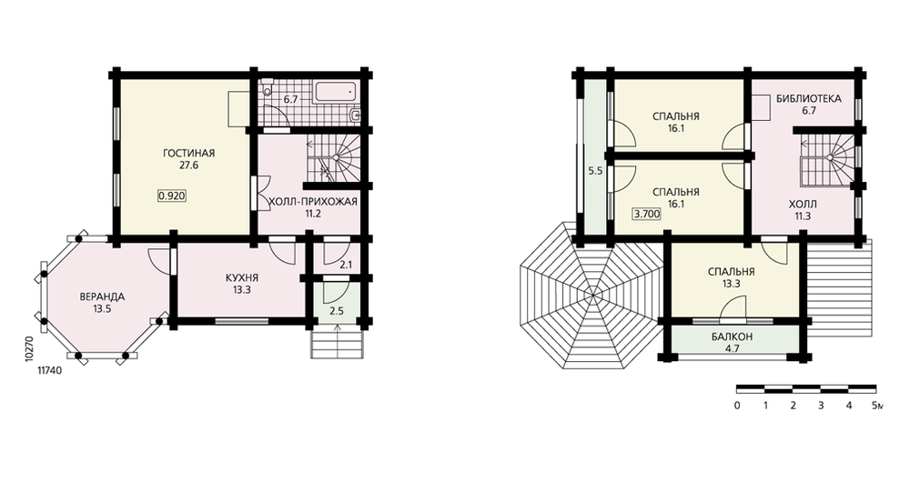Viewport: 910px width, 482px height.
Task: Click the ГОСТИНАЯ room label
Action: click(188, 153)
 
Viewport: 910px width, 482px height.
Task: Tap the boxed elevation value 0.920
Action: click(172, 196)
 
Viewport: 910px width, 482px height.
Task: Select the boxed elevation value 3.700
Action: click(646, 214)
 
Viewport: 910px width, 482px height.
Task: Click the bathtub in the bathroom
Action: click(335, 93)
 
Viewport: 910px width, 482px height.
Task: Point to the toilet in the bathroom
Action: click(267, 89)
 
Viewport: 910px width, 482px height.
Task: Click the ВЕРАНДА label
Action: click(102, 297)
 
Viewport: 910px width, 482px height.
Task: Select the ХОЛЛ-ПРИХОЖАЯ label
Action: click(311, 201)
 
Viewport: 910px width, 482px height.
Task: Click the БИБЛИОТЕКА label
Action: click(808, 98)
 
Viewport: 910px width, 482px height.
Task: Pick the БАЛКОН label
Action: click(733, 337)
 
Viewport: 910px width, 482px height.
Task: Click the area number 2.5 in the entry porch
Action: click(337, 311)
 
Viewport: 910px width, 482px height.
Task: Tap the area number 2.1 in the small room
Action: click(346, 265)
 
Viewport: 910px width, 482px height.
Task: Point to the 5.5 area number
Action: click(595, 171)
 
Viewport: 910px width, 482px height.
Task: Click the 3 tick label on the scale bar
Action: click(821, 406)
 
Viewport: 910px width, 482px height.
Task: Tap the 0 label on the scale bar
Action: click(737, 406)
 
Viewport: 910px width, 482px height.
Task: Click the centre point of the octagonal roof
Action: click(593, 296)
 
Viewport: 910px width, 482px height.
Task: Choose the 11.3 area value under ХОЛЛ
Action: click(803, 216)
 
